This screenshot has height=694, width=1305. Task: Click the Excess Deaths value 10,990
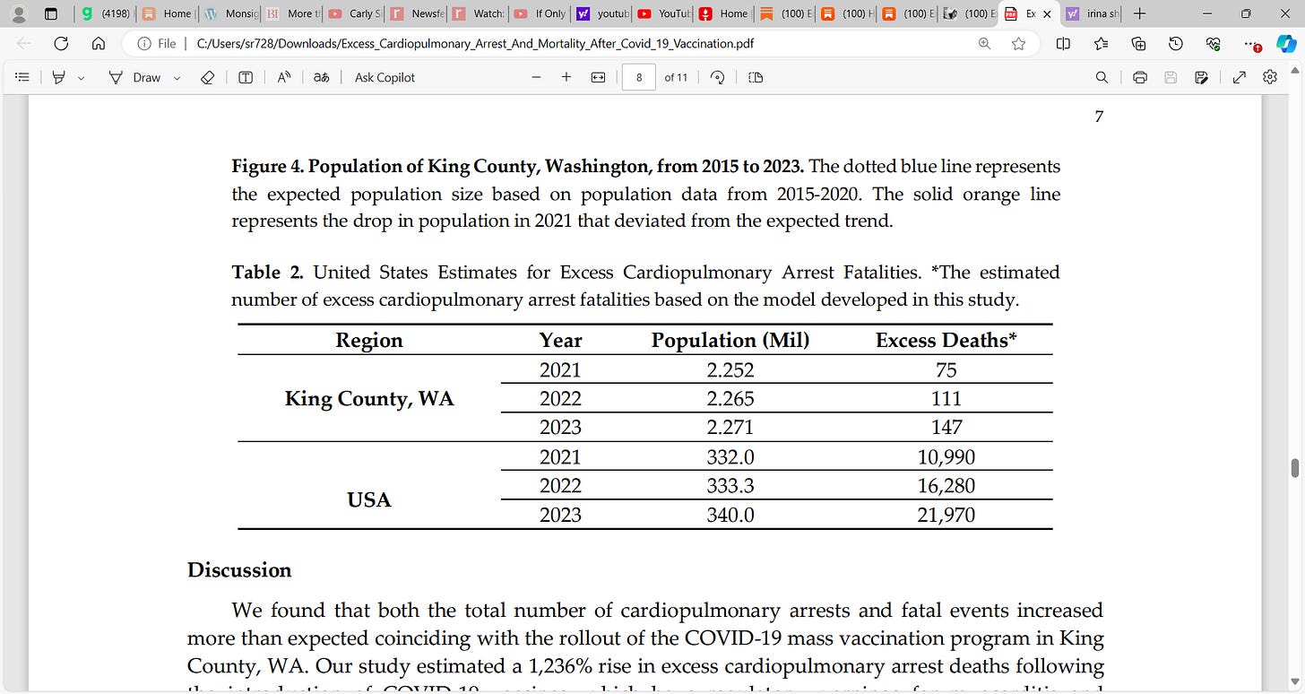tap(946, 457)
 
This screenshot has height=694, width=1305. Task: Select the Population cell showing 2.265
tap(730, 399)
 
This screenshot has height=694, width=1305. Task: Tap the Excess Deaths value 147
tap(946, 428)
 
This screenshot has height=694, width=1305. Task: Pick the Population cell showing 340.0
tap(730, 515)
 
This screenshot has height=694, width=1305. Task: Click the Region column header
tap(368, 341)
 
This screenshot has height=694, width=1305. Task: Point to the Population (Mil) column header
tap(730, 341)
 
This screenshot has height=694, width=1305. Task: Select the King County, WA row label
tap(368, 399)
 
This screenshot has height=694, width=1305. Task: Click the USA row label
tap(368, 500)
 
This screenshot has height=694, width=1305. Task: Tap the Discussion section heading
tap(239, 570)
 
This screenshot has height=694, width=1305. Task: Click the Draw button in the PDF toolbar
tap(137, 78)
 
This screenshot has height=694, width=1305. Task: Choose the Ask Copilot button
tap(385, 78)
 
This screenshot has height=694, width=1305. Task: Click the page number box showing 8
tap(638, 78)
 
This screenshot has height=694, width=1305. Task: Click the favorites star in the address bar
tap(1018, 43)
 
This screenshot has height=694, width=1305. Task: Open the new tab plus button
tap(1139, 13)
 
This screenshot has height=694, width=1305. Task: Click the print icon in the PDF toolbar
tap(1140, 78)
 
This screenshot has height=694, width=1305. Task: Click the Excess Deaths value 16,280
tap(946, 486)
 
